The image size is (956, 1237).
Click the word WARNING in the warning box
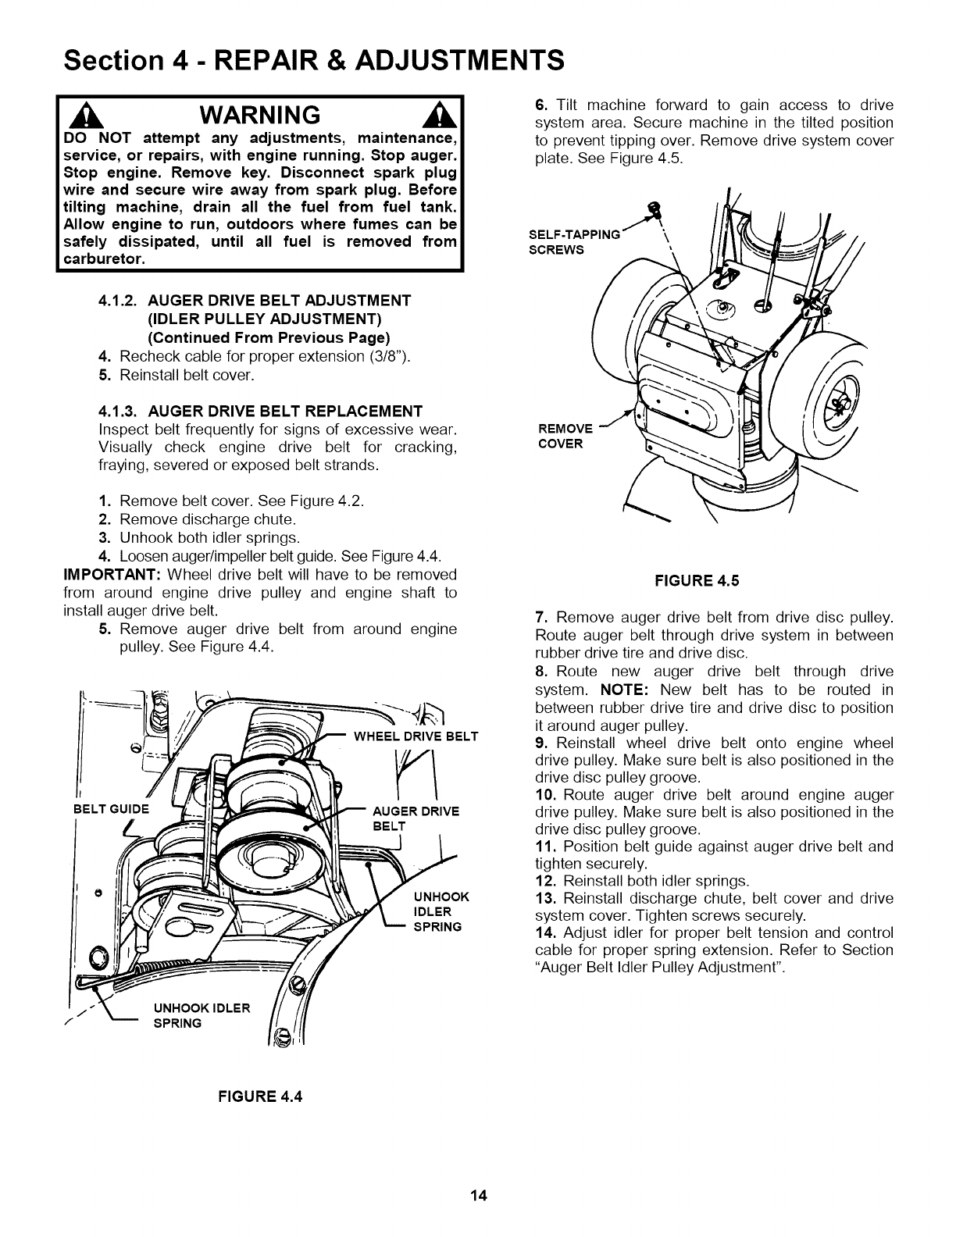pos(259,115)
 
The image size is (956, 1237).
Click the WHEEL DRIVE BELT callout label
pos(416,736)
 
